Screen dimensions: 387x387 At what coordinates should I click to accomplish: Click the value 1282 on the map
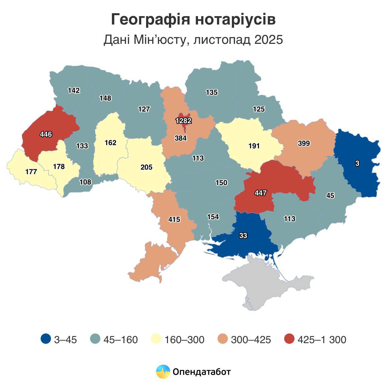tap(184, 121)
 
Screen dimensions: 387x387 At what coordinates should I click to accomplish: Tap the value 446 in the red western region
tap(46, 134)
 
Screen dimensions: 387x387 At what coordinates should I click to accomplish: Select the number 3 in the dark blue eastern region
tap(357, 164)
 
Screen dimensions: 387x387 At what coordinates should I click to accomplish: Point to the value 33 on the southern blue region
tap(243, 236)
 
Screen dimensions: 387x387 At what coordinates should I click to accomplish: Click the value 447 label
tap(260, 193)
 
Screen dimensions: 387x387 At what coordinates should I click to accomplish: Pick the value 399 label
tap(304, 144)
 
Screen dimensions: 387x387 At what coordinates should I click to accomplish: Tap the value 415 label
tap(174, 220)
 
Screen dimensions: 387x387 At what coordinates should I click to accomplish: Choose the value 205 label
tap(146, 167)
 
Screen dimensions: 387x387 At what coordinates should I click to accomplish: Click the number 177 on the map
tap(31, 172)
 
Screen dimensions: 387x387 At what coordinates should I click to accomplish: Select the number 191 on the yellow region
tap(254, 146)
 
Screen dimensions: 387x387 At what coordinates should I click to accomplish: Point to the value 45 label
tap(330, 195)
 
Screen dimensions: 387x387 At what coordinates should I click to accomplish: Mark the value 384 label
tap(181, 138)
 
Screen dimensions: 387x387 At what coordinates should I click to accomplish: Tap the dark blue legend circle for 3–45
tap(46, 339)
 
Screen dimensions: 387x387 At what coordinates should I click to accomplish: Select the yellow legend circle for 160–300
tap(156, 339)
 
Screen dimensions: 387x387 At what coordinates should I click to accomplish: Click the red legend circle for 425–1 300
tap(290, 339)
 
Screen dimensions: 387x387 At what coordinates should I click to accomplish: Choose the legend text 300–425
tap(251, 340)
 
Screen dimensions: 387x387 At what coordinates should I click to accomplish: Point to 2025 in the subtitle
tap(268, 40)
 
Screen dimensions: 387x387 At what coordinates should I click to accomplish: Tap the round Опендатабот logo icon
tap(163, 372)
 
